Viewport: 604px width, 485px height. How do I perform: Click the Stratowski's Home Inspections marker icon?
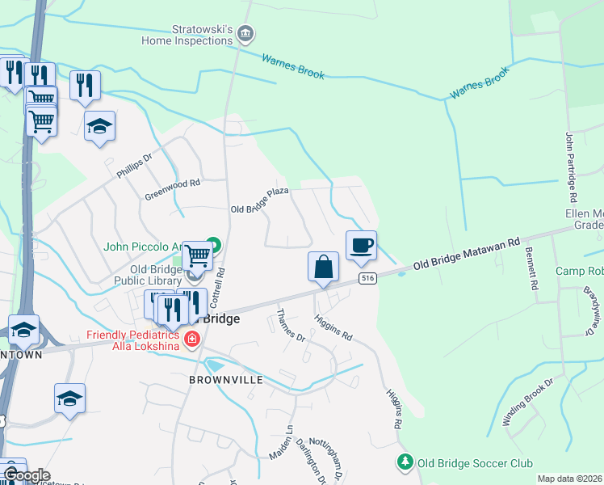[x=246, y=34]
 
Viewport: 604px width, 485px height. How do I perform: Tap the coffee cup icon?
[x=361, y=244]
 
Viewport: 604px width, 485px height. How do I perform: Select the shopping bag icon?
[x=322, y=266]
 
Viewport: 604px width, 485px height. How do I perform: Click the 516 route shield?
[x=367, y=278]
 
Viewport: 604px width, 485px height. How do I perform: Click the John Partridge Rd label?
[x=571, y=167]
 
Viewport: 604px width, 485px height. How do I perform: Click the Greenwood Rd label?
[x=172, y=190]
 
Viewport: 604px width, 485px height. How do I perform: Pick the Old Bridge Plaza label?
[x=259, y=204]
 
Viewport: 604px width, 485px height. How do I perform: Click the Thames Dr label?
[x=291, y=325]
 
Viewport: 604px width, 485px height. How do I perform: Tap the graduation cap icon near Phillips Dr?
[x=100, y=126]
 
